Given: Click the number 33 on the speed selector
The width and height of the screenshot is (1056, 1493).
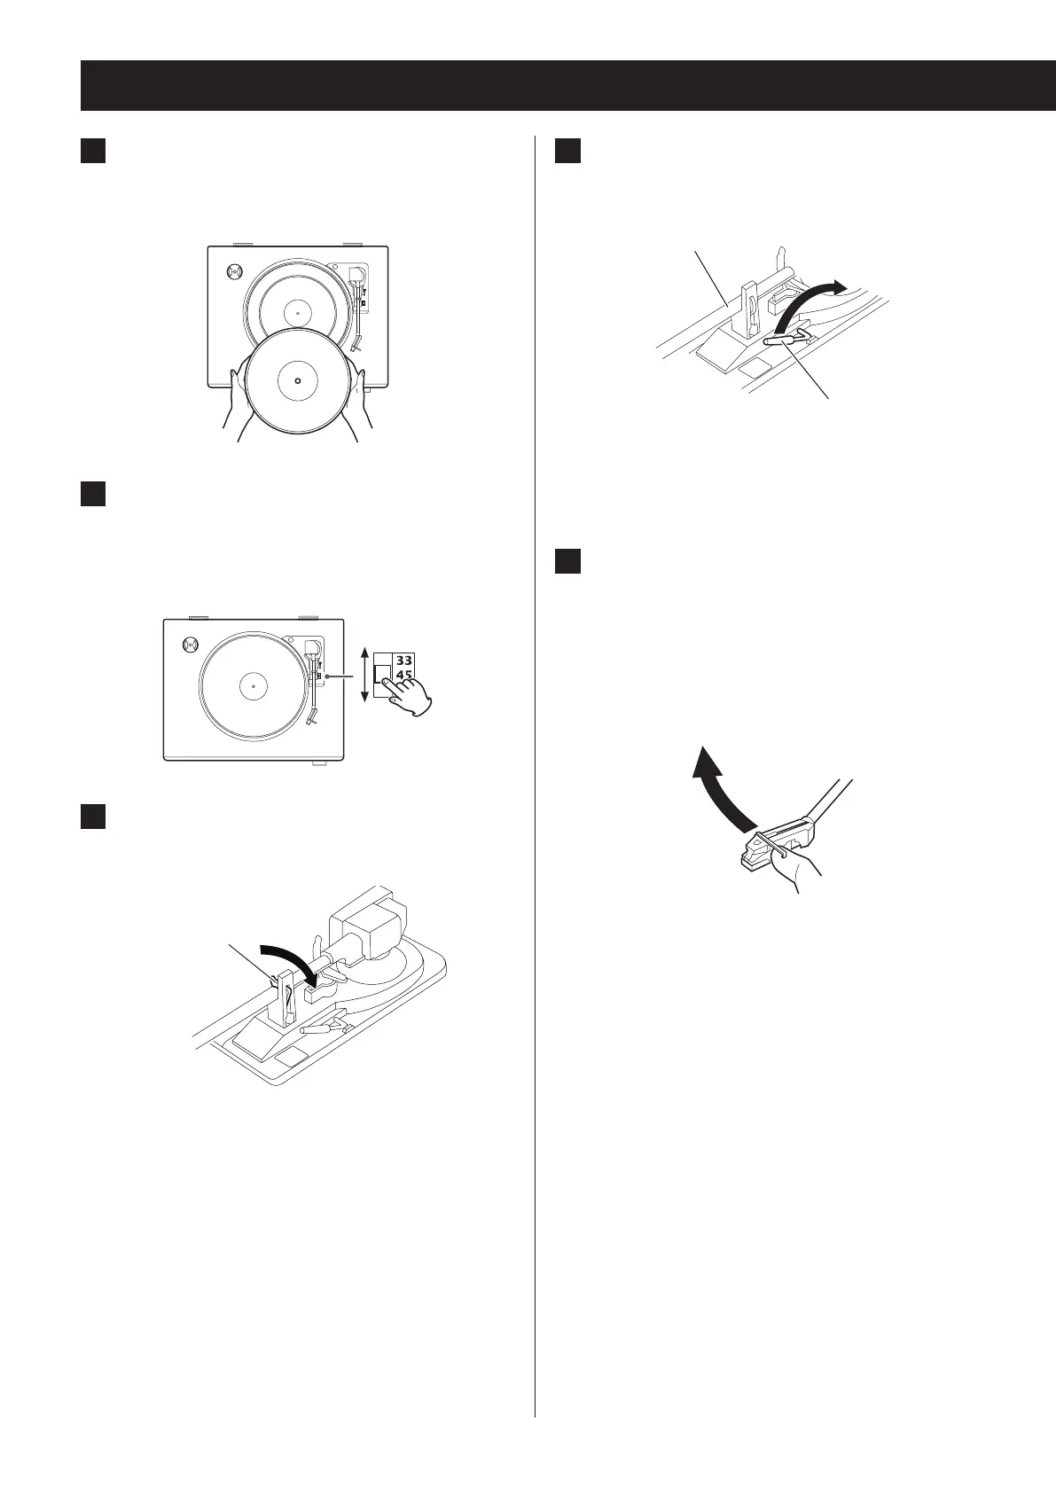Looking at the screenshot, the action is [x=404, y=661].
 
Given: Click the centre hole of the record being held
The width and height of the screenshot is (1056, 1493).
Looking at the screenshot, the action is [x=297, y=380].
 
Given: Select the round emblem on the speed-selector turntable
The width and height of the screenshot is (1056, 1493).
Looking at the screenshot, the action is [x=190, y=646].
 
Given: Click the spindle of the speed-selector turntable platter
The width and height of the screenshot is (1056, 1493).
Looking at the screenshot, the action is [x=253, y=685].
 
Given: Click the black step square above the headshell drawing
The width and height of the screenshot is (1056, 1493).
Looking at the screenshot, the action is [x=567, y=561].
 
